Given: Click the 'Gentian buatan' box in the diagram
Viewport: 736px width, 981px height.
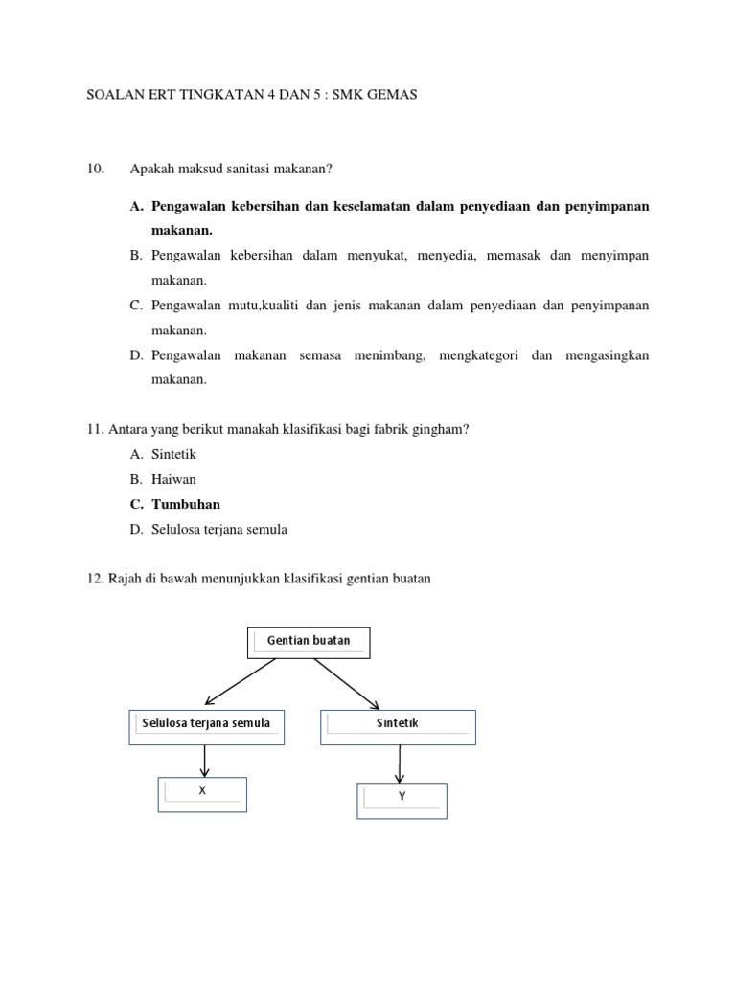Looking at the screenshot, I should pos(309,643).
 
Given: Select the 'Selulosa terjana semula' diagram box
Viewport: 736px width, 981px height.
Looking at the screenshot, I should pos(207,727).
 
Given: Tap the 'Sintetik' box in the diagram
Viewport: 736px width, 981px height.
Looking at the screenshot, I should pos(398,727).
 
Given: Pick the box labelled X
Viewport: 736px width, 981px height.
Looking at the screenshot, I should pos(202,794).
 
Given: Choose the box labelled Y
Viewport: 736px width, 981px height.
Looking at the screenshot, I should pos(402,800).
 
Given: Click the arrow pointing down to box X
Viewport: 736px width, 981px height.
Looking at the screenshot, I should pos(204,761).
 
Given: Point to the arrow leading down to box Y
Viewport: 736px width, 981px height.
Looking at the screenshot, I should pos(400,764).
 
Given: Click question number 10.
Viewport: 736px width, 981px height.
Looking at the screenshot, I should pos(95,170).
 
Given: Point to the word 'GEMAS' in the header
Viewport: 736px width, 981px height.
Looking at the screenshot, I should pos(394,97).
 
